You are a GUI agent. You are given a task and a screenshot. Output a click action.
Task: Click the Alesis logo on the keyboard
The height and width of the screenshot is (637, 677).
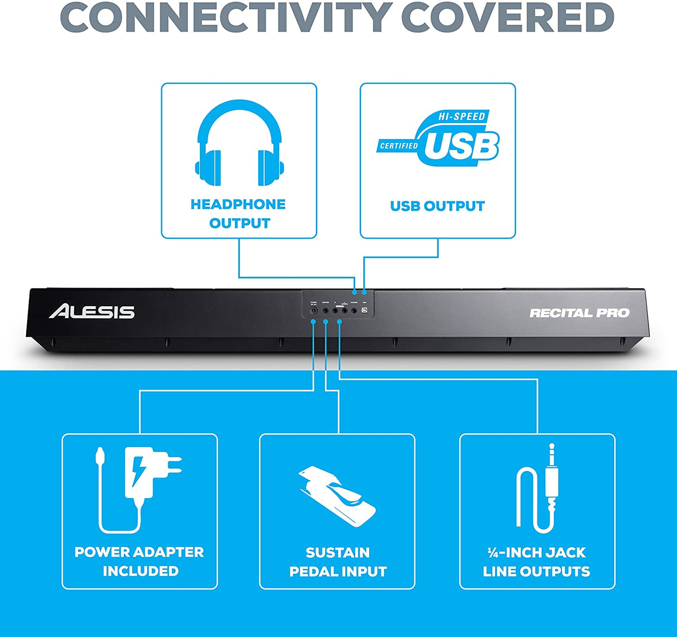(92, 311)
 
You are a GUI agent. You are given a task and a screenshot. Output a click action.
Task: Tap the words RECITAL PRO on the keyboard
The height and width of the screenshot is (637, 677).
(579, 313)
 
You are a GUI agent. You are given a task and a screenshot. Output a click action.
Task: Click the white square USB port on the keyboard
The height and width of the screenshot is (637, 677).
(365, 311)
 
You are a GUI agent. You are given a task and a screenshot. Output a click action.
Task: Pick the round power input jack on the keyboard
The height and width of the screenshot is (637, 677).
(313, 311)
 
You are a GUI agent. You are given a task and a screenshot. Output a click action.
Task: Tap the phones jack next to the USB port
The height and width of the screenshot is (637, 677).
(354, 311)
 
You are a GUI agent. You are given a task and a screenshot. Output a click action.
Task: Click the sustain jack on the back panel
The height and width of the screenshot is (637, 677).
(325, 311)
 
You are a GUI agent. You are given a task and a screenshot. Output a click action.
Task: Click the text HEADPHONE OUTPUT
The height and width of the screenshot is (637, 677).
(238, 214)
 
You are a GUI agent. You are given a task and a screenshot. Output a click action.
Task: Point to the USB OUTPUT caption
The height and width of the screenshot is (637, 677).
(437, 206)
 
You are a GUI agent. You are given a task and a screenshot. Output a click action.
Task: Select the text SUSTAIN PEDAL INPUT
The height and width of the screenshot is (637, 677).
(338, 562)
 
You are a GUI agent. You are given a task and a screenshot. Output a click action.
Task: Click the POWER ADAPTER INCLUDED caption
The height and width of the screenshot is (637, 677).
(140, 561)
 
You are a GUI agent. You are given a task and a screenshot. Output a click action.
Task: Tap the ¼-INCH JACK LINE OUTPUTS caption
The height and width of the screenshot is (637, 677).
(536, 562)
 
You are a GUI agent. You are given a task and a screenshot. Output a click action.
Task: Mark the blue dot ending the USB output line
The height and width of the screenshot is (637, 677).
(364, 292)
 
